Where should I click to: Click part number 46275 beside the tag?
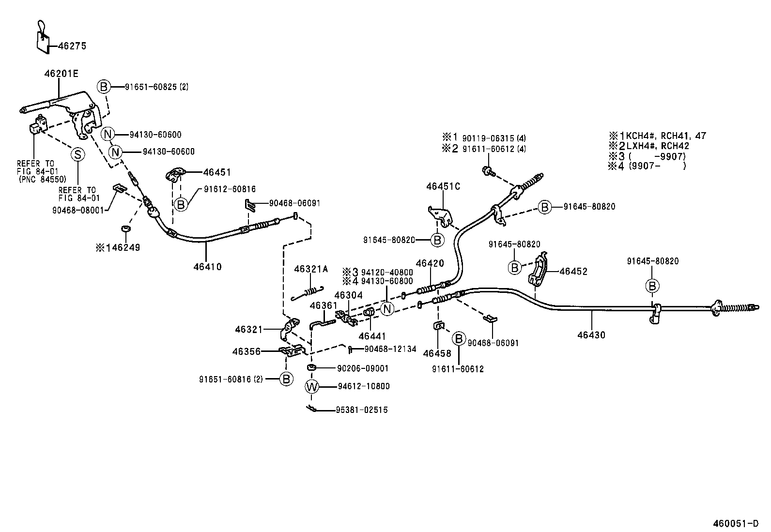[72, 46]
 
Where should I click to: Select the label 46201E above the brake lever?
[61, 74]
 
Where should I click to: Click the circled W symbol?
[312, 386]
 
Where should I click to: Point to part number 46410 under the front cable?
[207, 266]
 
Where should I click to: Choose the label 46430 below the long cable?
[591, 334]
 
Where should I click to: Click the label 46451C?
[443, 186]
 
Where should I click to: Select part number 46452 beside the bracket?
[573, 272]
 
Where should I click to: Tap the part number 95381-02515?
[362, 410]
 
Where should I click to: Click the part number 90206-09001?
[363, 368]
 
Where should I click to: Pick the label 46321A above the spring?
[311, 269]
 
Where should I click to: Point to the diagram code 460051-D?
[736, 523]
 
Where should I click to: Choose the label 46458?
[437, 353]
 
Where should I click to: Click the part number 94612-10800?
[364, 386]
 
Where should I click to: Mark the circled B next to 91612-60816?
[181, 205]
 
